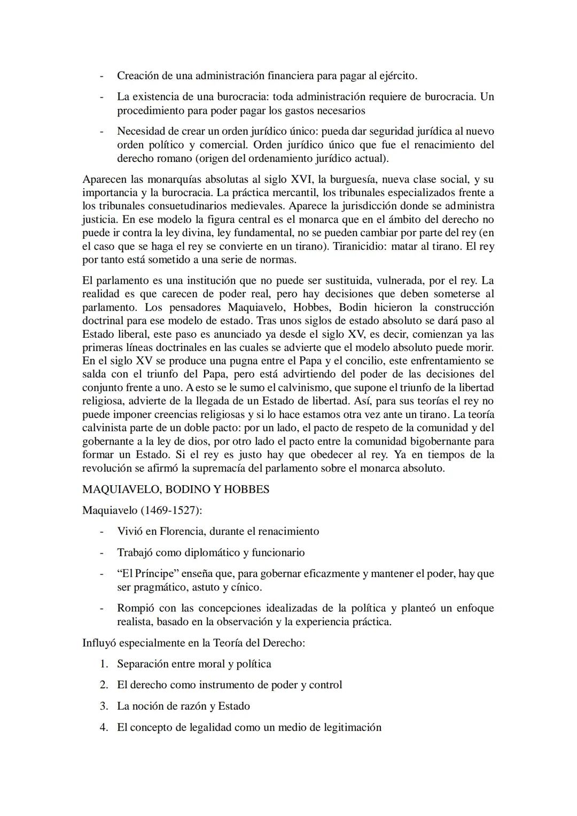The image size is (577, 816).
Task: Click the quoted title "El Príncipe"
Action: [148, 573]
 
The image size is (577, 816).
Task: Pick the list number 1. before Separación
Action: [104, 664]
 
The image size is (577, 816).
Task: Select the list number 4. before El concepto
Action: [104, 727]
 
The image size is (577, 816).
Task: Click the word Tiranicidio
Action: [361, 246]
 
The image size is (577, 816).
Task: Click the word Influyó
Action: [99, 643]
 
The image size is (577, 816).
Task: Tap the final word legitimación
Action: [352, 727]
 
